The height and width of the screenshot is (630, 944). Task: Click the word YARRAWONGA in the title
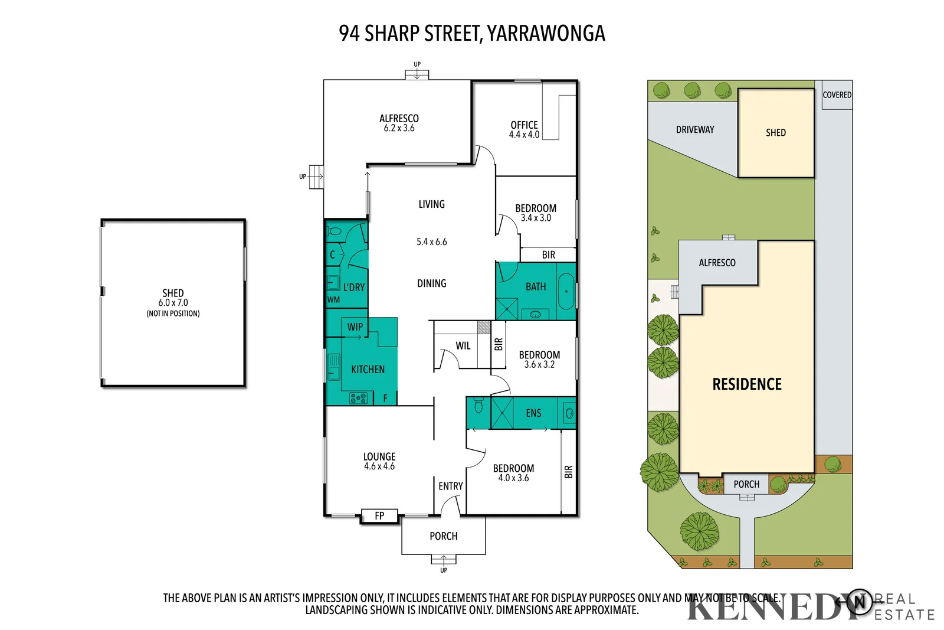click(546, 34)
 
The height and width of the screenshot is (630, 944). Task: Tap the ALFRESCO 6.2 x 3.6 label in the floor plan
click(399, 123)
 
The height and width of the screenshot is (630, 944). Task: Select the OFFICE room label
click(524, 125)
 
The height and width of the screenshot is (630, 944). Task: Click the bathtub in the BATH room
click(566, 291)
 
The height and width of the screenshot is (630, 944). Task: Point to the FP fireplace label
click(379, 516)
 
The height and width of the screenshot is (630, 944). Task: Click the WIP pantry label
click(355, 327)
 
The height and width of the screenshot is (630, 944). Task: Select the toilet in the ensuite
click(478, 406)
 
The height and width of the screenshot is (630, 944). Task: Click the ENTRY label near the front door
click(450, 486)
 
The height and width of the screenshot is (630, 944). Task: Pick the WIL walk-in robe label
click(463, 346)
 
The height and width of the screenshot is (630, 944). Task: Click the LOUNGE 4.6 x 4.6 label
click(379, 461)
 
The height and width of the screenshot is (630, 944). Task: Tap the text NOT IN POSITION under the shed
click(173, 314)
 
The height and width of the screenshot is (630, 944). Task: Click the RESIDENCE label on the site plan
click(747, 384)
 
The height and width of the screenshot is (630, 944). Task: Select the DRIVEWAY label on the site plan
click(695, 129)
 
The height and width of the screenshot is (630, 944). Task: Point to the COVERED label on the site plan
click(837, 94)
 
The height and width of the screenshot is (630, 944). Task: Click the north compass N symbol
click(860, 602)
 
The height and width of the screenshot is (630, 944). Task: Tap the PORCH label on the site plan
click(746, 484)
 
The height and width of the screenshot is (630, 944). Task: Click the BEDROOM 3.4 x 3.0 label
click(535, 213)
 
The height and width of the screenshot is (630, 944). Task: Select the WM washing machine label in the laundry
click(333, 299)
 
